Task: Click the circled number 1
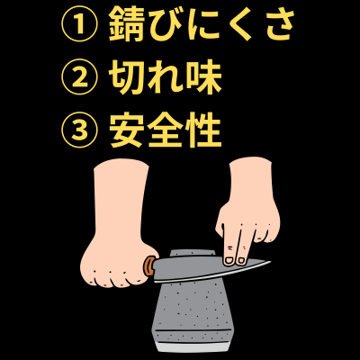[78, 27]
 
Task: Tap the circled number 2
[78, 80]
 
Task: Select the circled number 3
[78, 132]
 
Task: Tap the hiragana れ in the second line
[169, 80]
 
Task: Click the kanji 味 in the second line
[205, 80]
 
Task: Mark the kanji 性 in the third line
[205, 132]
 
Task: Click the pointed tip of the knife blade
[269, 263]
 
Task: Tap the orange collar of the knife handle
[148, 265]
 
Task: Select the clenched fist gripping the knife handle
[112, 256]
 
